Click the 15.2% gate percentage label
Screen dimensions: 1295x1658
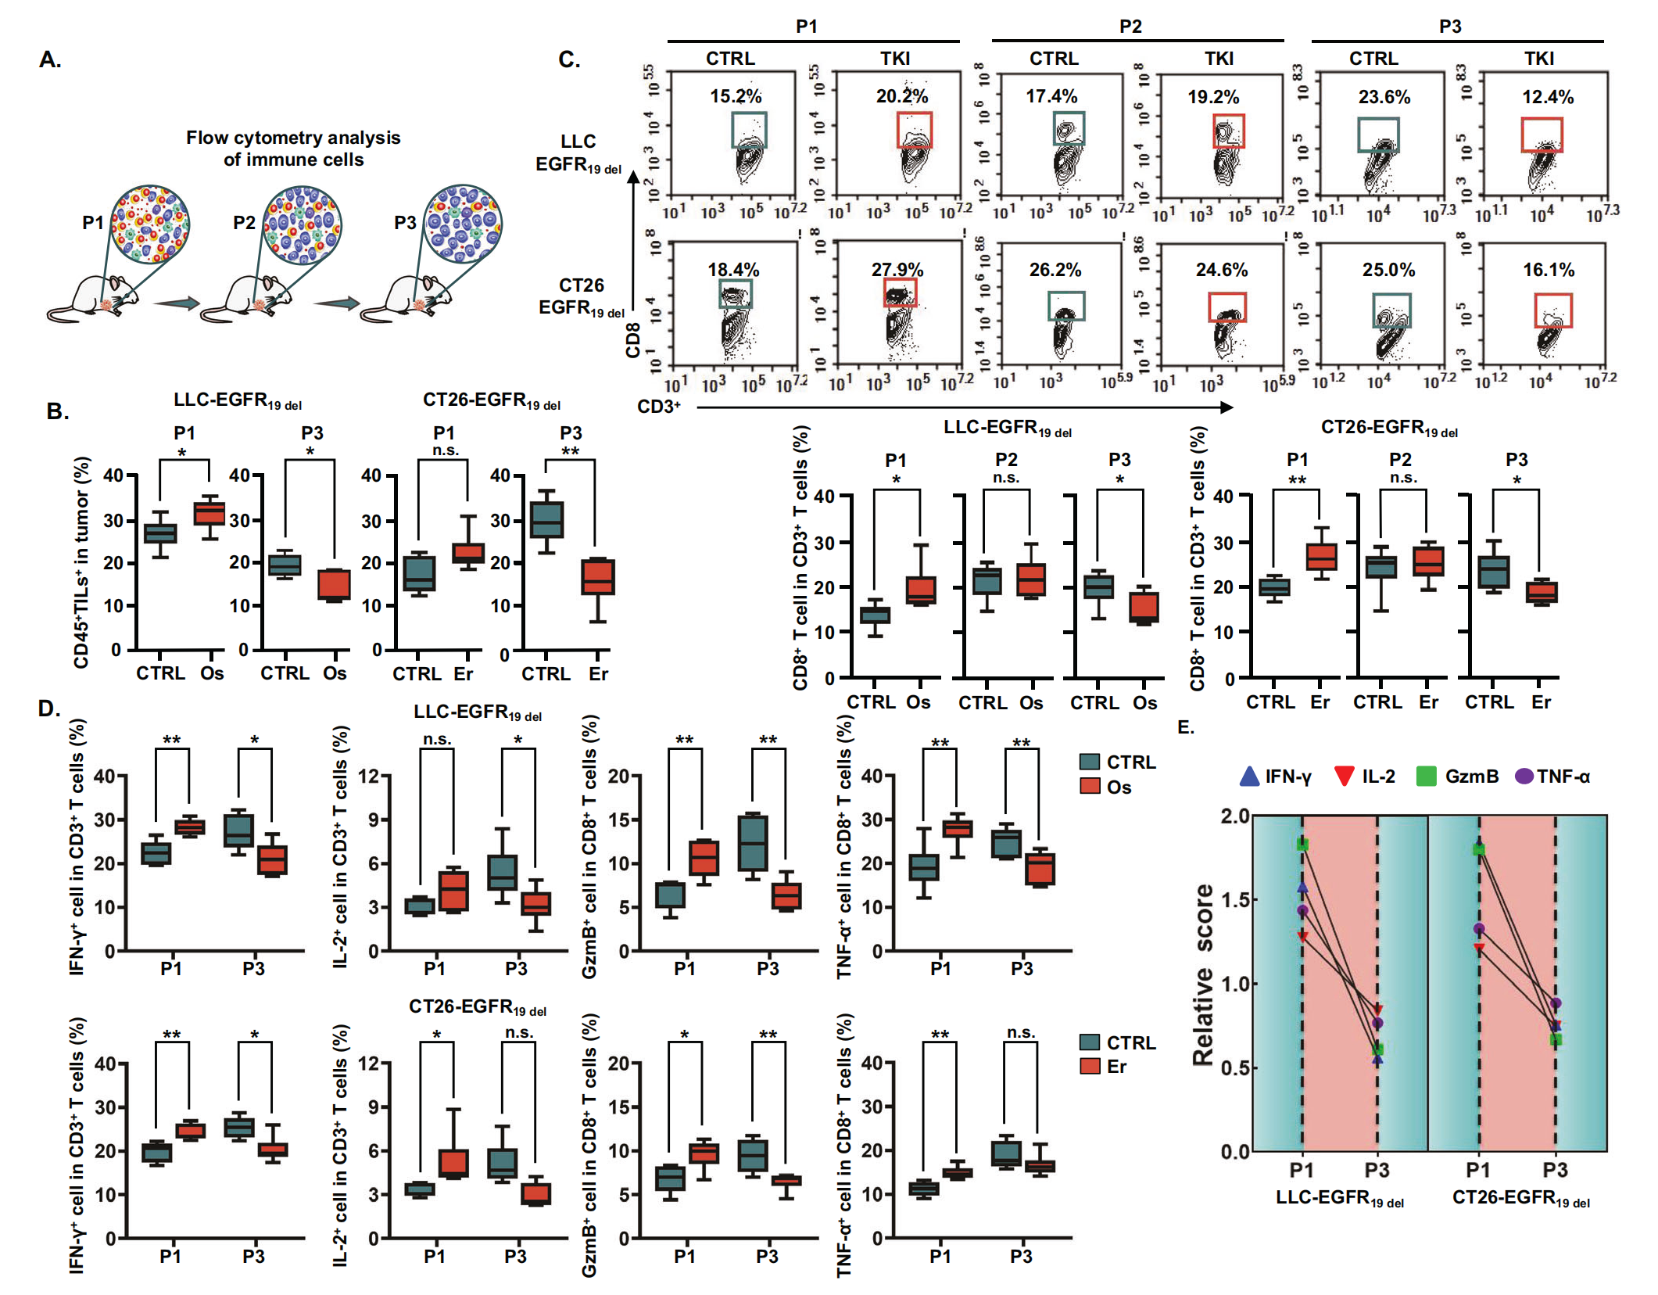735,96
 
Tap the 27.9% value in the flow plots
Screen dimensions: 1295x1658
897,270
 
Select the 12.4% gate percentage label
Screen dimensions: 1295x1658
1547,97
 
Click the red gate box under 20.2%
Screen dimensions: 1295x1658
914,130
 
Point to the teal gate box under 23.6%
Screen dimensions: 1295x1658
1377,135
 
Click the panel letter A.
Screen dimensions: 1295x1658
50,59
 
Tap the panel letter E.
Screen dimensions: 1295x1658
1185,727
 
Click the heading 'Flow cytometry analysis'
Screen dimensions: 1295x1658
293,138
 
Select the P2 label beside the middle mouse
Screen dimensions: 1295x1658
244,223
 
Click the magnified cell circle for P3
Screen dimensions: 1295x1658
463,223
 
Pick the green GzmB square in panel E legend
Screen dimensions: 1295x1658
1427,777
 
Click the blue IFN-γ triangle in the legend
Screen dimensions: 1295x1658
1249,777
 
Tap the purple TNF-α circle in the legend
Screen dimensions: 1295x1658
1524,777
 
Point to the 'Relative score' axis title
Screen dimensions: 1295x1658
1203,974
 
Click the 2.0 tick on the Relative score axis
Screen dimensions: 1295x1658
1235,816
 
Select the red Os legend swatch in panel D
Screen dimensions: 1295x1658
1090,786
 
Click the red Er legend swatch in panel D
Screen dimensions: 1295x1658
1090,1066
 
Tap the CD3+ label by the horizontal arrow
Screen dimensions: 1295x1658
658,407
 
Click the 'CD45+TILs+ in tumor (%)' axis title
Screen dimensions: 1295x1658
81,563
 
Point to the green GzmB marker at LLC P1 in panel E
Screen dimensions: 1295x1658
1302,845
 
